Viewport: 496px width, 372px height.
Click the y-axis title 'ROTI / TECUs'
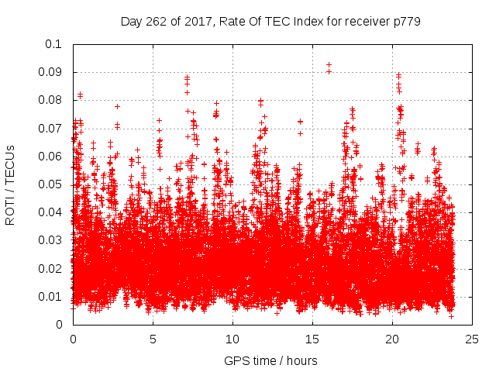pyautogui.click(x=10, y=184)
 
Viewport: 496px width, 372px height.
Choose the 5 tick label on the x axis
pyautogui.click(x=153, y=339)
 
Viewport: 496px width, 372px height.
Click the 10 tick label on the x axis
pyautogui.click(x=232, y=339)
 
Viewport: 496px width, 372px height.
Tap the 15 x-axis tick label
pyautogui.click(x=312, y=339)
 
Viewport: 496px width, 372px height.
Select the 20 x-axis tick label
pyautogui.click(x=392, y=339)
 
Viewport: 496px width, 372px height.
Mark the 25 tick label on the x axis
pyautogui.click(x=472, y=339)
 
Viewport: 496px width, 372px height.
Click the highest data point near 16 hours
pyautogui.click(x=329, y=65)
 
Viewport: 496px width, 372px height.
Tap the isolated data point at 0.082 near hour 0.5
pyautogui.click(x=80, y=95)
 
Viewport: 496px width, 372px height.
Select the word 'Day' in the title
pyautogui.click(x=131, y=22)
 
